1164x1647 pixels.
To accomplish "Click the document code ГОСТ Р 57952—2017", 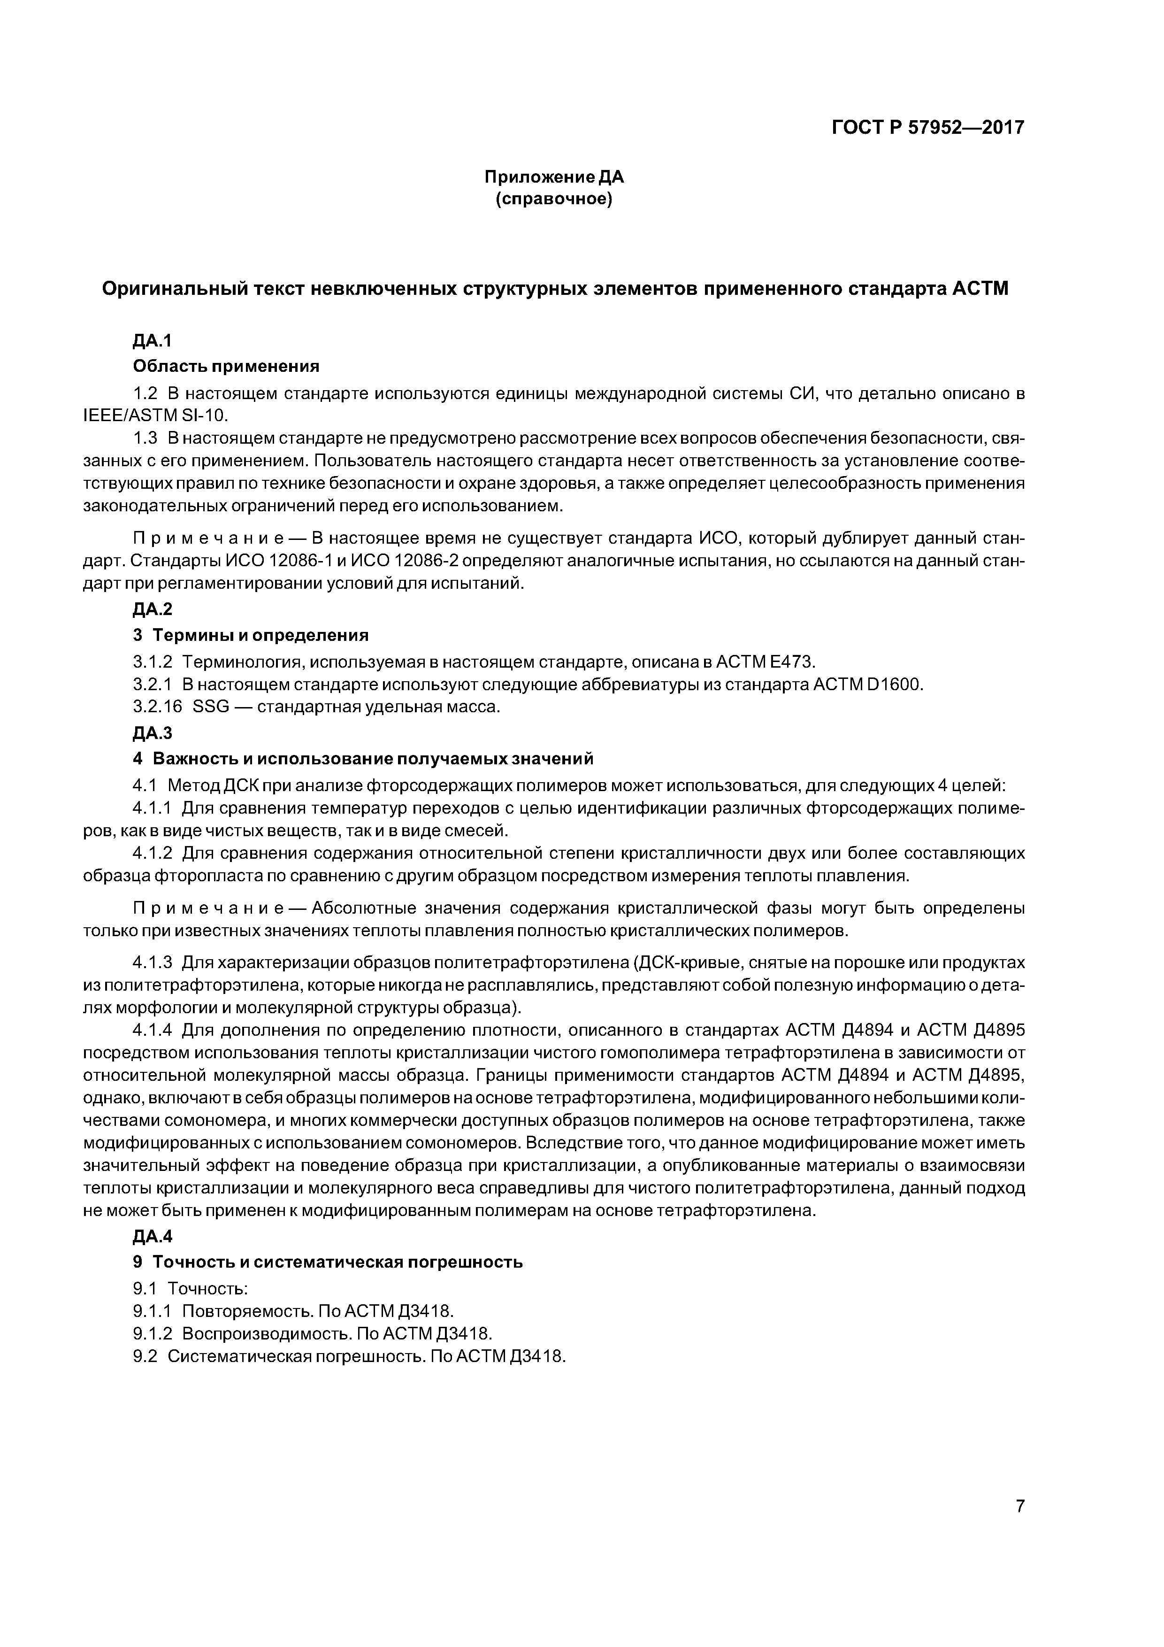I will pyautogui.click(x=927, y=128).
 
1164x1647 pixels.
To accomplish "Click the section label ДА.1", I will pyautogui.click(x=153, y=341).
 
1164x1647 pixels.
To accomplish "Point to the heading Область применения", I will pyautogui.click(x=226, y=367).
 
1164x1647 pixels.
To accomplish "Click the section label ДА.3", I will pyautogui.click(x=153, y=732).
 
